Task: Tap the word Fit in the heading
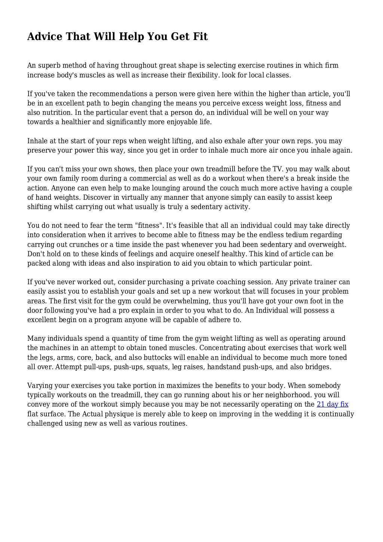(x=200, y=37)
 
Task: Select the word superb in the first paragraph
(x=48, y=65)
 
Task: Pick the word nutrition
(x=55, y=113)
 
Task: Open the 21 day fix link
(x=332, y=404)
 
